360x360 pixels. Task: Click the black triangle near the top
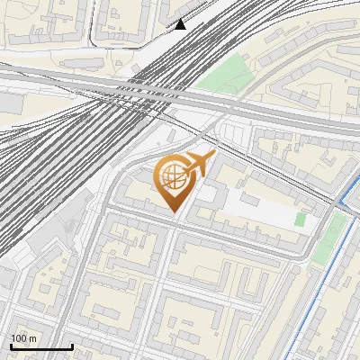180,24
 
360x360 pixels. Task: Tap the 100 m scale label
24,338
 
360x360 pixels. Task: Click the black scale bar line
41,346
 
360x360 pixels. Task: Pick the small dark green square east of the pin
301,220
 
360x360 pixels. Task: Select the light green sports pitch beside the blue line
329,238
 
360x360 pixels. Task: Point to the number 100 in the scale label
20,338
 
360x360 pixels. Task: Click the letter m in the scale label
33,338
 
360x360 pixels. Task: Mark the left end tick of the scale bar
11,345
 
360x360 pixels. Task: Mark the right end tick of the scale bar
72,345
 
